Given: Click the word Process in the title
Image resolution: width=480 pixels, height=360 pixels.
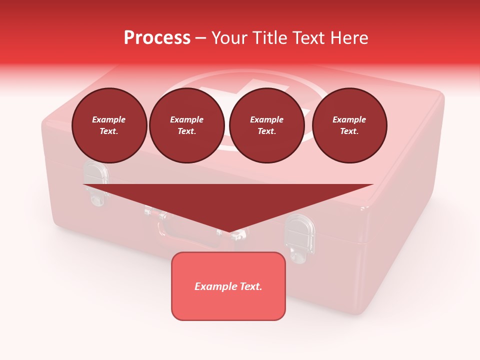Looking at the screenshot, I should [x=157, y=38].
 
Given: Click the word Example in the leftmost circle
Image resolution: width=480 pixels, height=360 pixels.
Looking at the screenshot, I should [x=109, y=119].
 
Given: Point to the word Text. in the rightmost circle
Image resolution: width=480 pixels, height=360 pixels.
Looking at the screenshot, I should [x=349, y=131].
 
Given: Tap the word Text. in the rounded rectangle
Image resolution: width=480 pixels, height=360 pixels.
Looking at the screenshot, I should [x=250, y=286].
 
